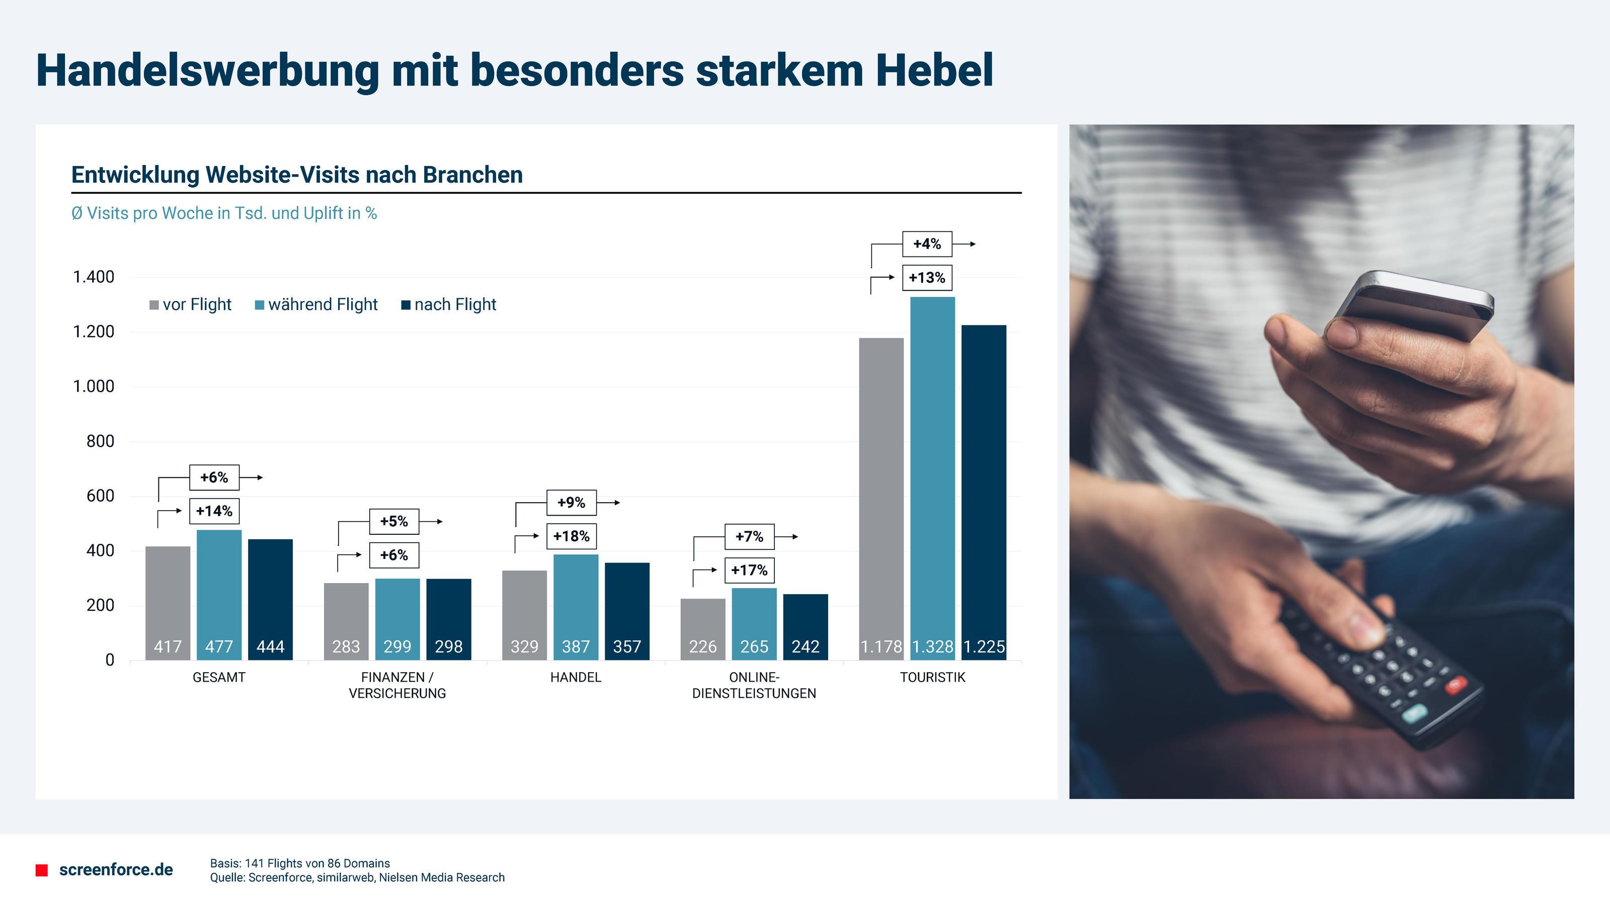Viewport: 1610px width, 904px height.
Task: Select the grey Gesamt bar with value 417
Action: (x=168, y=603)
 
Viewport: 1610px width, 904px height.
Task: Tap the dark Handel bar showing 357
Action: (x=627, y=611)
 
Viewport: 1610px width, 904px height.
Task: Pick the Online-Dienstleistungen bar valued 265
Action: (x=754, y=623)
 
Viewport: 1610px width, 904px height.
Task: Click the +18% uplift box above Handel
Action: (x=571, y=536)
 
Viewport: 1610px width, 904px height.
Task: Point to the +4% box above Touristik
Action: (x=927, y=243)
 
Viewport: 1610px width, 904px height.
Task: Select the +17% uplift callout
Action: (x=749, y=570)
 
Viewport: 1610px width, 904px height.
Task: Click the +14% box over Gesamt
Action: (x=214, y=511)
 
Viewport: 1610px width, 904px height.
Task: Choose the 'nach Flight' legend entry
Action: (x=449, y=305)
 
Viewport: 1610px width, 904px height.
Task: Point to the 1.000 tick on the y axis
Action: (x=94, y=387)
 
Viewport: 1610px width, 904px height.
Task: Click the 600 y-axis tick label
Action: (x=100, y=496)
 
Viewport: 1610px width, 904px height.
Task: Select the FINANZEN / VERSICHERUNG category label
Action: (x=397, y=685)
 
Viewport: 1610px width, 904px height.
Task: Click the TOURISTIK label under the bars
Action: (x=932, y=677)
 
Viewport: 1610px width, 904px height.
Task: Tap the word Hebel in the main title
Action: (x=934, y=70)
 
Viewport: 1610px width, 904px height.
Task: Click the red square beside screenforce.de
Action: (x=42, y=870)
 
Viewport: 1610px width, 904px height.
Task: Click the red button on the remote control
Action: (x=1455, y=685)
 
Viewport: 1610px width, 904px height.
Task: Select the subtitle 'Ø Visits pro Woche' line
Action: (x=224, y=214)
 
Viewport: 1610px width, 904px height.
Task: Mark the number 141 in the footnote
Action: (x=255, y=863)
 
